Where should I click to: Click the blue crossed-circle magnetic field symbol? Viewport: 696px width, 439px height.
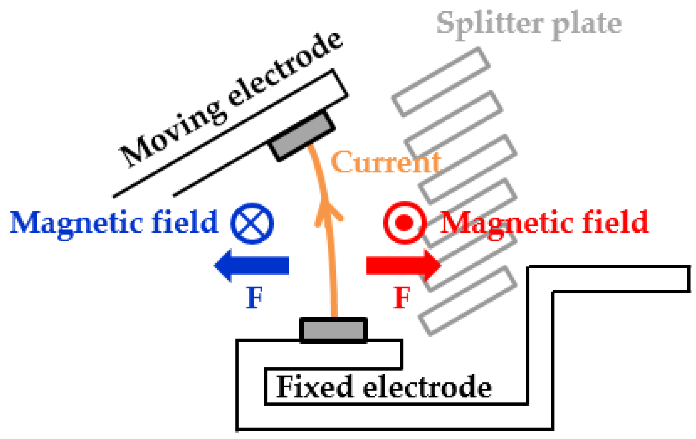(252, 224)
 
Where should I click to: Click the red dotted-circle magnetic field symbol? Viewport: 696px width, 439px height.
(405, 223)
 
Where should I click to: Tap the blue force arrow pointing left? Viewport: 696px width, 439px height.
(252, 265)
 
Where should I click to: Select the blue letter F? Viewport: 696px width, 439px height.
(254, 297)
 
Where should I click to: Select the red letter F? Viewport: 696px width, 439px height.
(402, 297)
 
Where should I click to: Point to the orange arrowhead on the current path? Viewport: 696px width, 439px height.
(328, 212)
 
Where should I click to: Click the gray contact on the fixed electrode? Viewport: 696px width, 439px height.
(334, 330)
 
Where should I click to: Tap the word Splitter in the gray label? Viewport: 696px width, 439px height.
(490, 24)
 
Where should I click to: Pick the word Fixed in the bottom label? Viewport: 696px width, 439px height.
(315, 387)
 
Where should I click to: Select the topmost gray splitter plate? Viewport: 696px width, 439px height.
(441, 82)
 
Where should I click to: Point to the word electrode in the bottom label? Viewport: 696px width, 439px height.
(427, 387)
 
